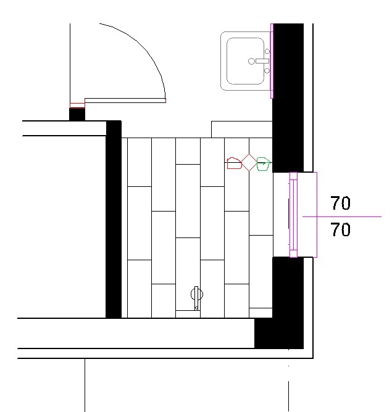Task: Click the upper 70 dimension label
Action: pos(341,203)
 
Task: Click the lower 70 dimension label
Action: pos(341,229)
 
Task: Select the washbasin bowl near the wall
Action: pos(245,61)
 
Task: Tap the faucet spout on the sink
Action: pos(262,61)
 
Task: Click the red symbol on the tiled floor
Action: pos(234,163)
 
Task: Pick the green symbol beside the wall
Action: pos(264,164)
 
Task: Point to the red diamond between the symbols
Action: pos(249,163)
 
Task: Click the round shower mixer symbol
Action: pos(197,294)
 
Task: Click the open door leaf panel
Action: pos(125,101)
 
